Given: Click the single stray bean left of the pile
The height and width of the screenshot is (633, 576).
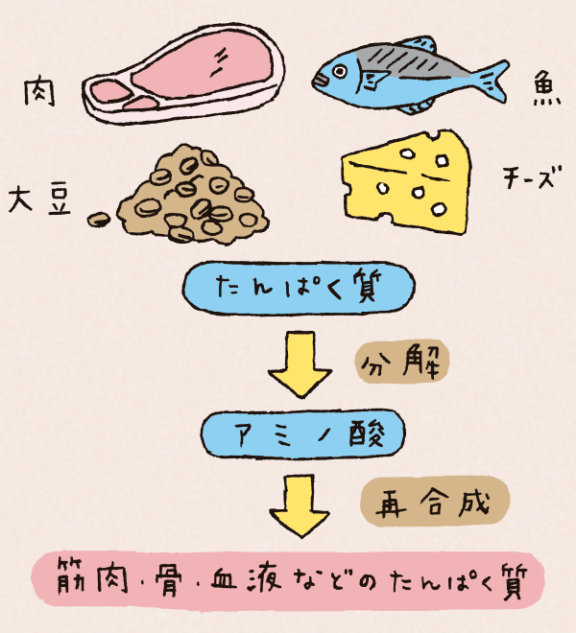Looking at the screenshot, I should point(98,220).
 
